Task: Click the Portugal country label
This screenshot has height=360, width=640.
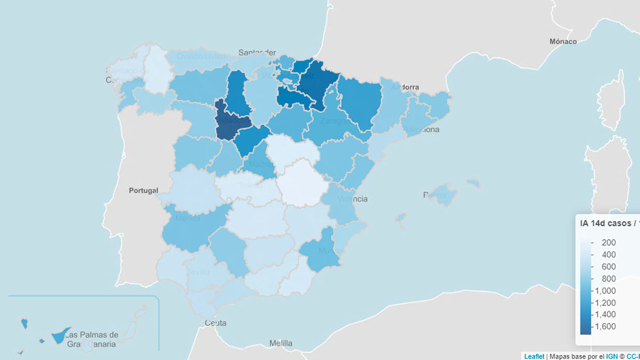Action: (x=144, y=191)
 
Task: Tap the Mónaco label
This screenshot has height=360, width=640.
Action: (x=563, y=41)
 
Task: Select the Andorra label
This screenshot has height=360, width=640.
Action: (x=405, y=87)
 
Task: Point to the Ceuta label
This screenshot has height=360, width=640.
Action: (x=216, y=323)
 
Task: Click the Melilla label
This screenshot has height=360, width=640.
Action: (x=281, y=343)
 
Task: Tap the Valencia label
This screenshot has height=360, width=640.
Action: (x=352, y=199)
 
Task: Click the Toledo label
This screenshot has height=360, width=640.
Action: (x=251, y=185)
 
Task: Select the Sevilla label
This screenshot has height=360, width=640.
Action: (x=198, y=272)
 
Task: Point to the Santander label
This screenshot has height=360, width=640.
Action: (x=256, y=52)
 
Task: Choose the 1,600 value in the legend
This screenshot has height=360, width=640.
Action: (x=605, y=326)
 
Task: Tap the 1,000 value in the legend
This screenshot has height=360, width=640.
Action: (x=605, y=290)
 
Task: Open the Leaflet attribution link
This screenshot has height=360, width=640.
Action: (x=534, y=356)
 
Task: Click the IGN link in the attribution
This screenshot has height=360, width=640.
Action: (x=611, y=356)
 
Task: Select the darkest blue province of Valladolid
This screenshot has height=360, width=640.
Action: (x=230, y=123)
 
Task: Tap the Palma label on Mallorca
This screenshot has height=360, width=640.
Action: (x=435, y=195)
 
